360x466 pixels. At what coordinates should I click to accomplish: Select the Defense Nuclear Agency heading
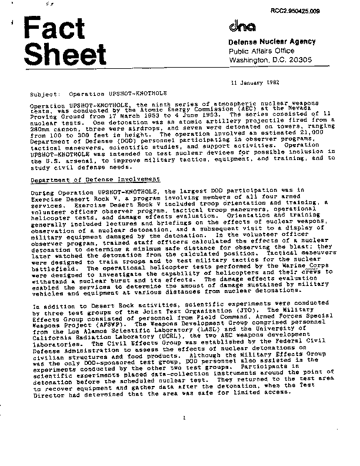272,42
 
